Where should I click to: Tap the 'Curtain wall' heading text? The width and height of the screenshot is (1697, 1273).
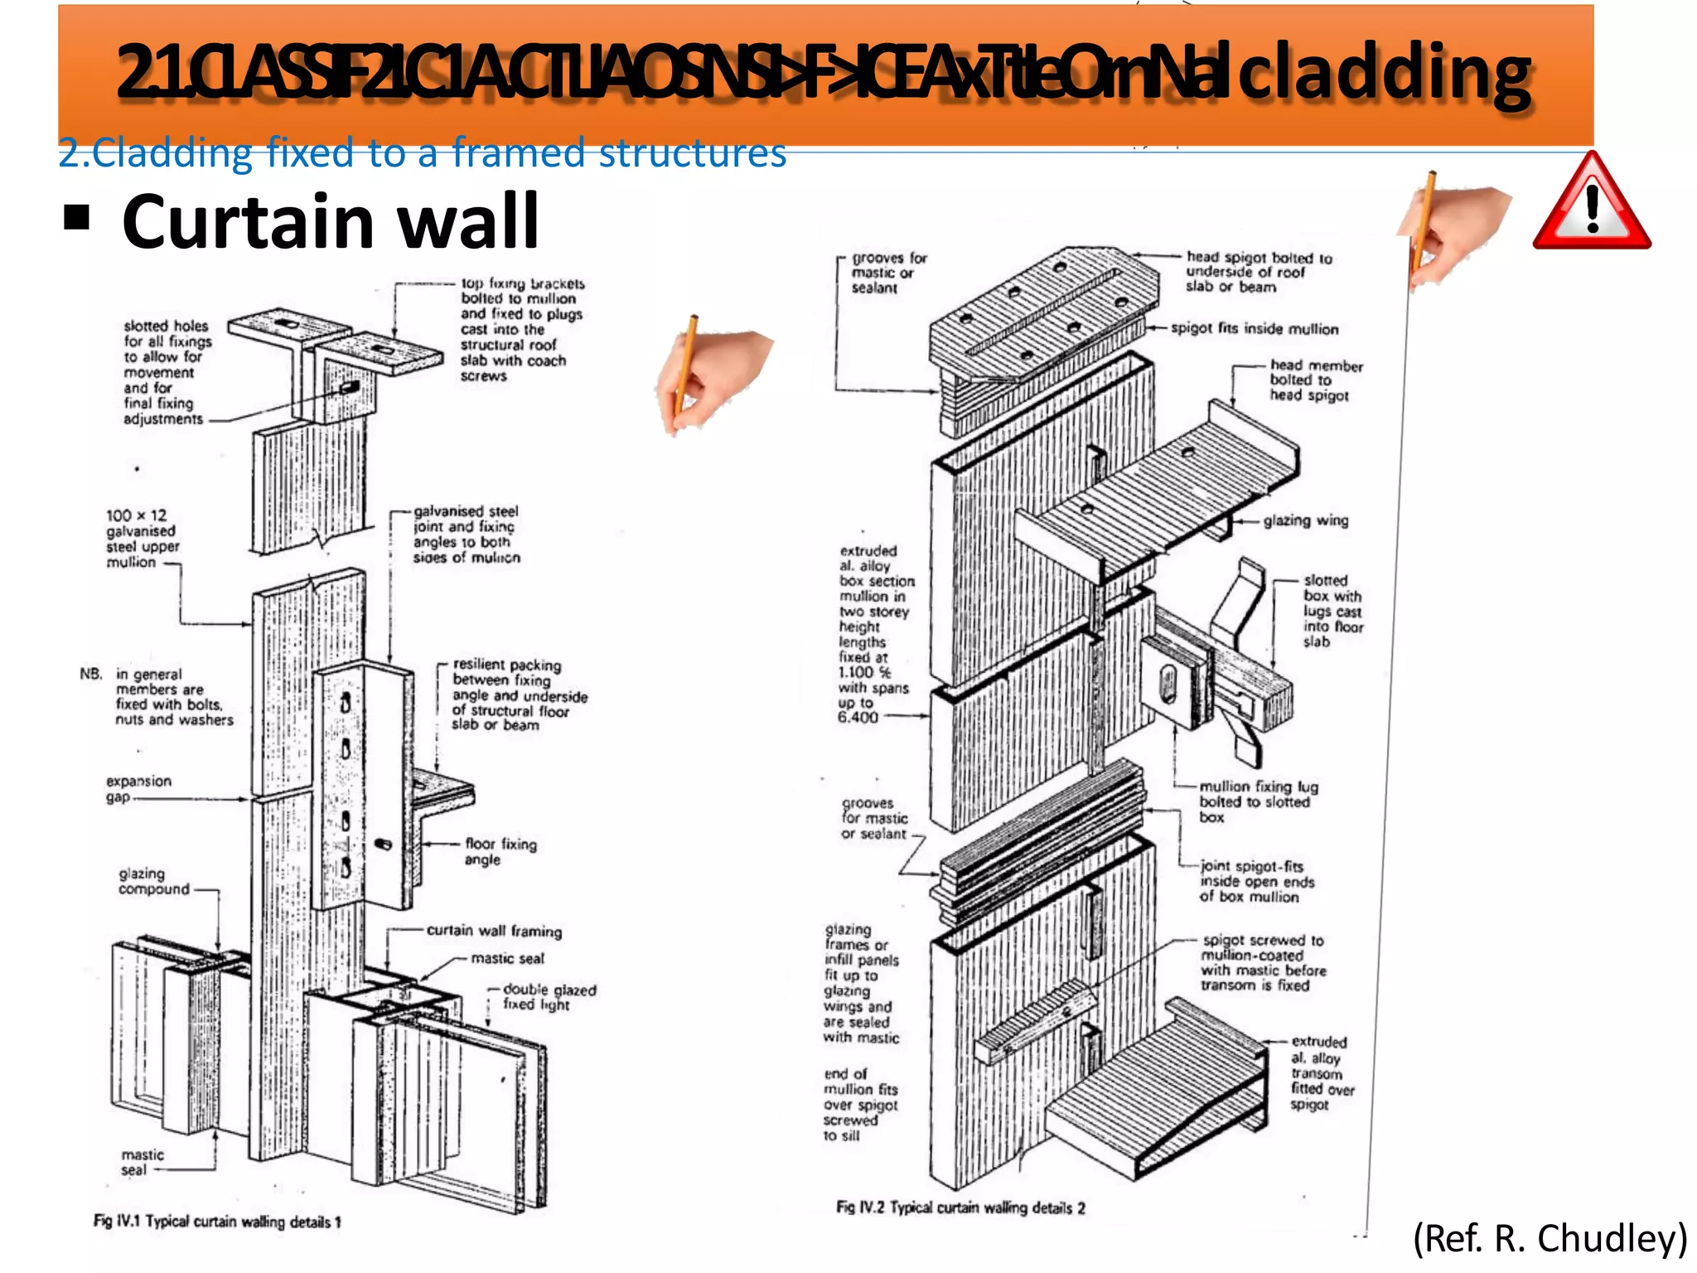331,221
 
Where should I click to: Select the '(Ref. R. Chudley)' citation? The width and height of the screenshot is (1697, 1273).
1550,1239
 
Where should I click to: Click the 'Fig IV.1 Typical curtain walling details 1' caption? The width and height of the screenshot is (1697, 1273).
217,1221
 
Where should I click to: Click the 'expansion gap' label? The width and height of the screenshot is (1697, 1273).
138,789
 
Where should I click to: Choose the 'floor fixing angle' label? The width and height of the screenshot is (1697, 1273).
500,851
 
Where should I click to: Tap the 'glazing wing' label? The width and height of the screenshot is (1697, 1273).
1305,520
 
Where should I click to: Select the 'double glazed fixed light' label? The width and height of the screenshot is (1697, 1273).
549,997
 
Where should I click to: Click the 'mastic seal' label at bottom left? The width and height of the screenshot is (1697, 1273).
142,1162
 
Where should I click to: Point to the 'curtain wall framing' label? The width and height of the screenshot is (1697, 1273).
494,931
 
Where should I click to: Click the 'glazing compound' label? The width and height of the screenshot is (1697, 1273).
153,881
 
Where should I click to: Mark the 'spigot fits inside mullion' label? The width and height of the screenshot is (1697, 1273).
1254,329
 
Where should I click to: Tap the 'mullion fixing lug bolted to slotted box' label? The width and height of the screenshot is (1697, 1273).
1257,801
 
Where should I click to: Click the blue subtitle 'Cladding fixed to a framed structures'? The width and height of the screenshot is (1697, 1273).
422,153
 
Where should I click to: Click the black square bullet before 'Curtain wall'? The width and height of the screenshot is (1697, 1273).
77,218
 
